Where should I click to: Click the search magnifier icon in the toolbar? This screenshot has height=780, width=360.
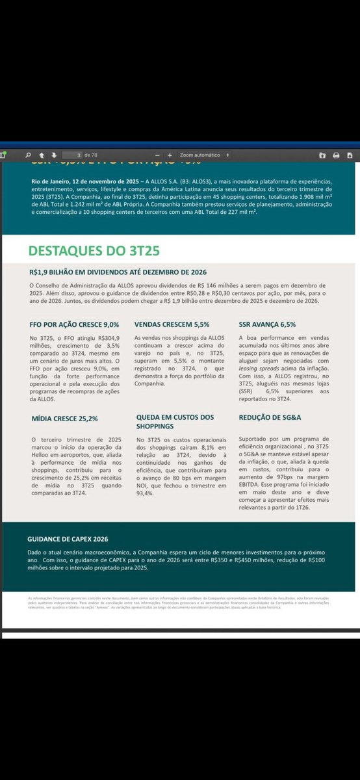point(28,155)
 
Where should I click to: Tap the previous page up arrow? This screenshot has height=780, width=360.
point(40,155)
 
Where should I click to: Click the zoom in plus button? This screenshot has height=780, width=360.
point(170,155)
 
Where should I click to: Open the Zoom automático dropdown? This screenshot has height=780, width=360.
point(204,155)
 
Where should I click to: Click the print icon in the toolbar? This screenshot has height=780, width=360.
point(336,155)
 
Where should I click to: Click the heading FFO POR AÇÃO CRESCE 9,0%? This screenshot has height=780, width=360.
point(74,324)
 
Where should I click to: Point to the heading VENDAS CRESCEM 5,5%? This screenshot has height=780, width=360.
point(172,324)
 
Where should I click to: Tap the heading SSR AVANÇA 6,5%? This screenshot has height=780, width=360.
point(267,324)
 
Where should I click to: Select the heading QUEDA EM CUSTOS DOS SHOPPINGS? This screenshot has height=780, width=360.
point(175,422)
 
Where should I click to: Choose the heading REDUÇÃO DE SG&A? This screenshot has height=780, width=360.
point(269,418)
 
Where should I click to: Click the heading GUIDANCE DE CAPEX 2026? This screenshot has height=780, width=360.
point(68,539)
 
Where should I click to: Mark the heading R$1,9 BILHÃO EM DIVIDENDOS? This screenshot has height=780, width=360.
point(118,272)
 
